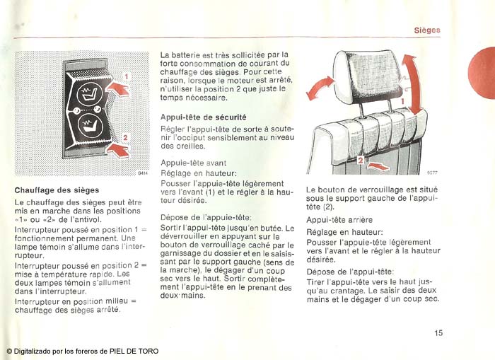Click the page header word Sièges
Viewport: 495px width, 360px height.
427,30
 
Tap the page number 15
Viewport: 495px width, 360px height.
438,333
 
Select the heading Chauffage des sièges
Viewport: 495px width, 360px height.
57,190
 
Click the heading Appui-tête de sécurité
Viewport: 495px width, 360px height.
204,117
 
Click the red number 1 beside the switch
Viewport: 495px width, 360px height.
127,76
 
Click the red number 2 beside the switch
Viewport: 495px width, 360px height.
125,138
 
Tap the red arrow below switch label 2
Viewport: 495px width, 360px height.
118,150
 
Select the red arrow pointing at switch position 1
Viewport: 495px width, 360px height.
117,88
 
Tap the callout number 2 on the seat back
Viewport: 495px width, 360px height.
361,160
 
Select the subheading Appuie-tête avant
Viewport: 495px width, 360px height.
194,163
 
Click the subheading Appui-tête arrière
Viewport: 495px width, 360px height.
339,220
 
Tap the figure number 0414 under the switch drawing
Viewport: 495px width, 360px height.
143,173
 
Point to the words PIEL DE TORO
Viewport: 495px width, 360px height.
134,351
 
